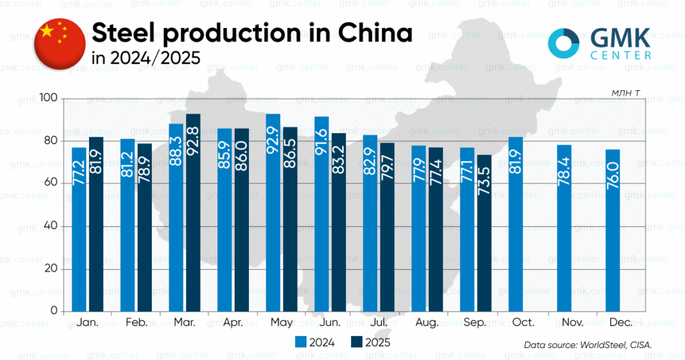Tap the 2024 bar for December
point(613,230)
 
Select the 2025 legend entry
point(369,341)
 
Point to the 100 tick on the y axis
point(50,99)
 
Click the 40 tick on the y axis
point(52,227)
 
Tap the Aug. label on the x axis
point(426,323)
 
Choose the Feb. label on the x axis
point(136,323)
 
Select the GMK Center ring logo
point(563,43)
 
